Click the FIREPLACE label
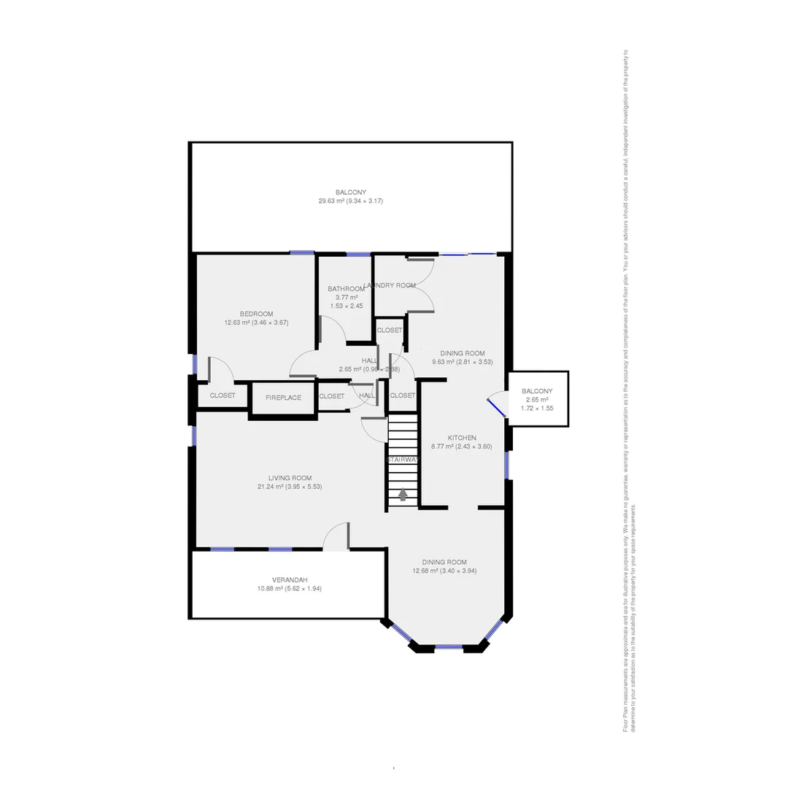pos(283,398)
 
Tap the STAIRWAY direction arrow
pos(403,494)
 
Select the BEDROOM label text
pos(256,314)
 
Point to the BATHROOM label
pos(346,289)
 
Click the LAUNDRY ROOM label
pos(390,285)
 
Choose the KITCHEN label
pos(462,438)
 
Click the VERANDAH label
pos(289,580)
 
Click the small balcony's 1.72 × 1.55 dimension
pos(537,409)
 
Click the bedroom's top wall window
pos(301,253)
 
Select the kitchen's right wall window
pos(506,465)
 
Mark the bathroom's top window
pos(358,254)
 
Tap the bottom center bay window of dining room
pos(447,646)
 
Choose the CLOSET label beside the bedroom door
pos(223,395)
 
